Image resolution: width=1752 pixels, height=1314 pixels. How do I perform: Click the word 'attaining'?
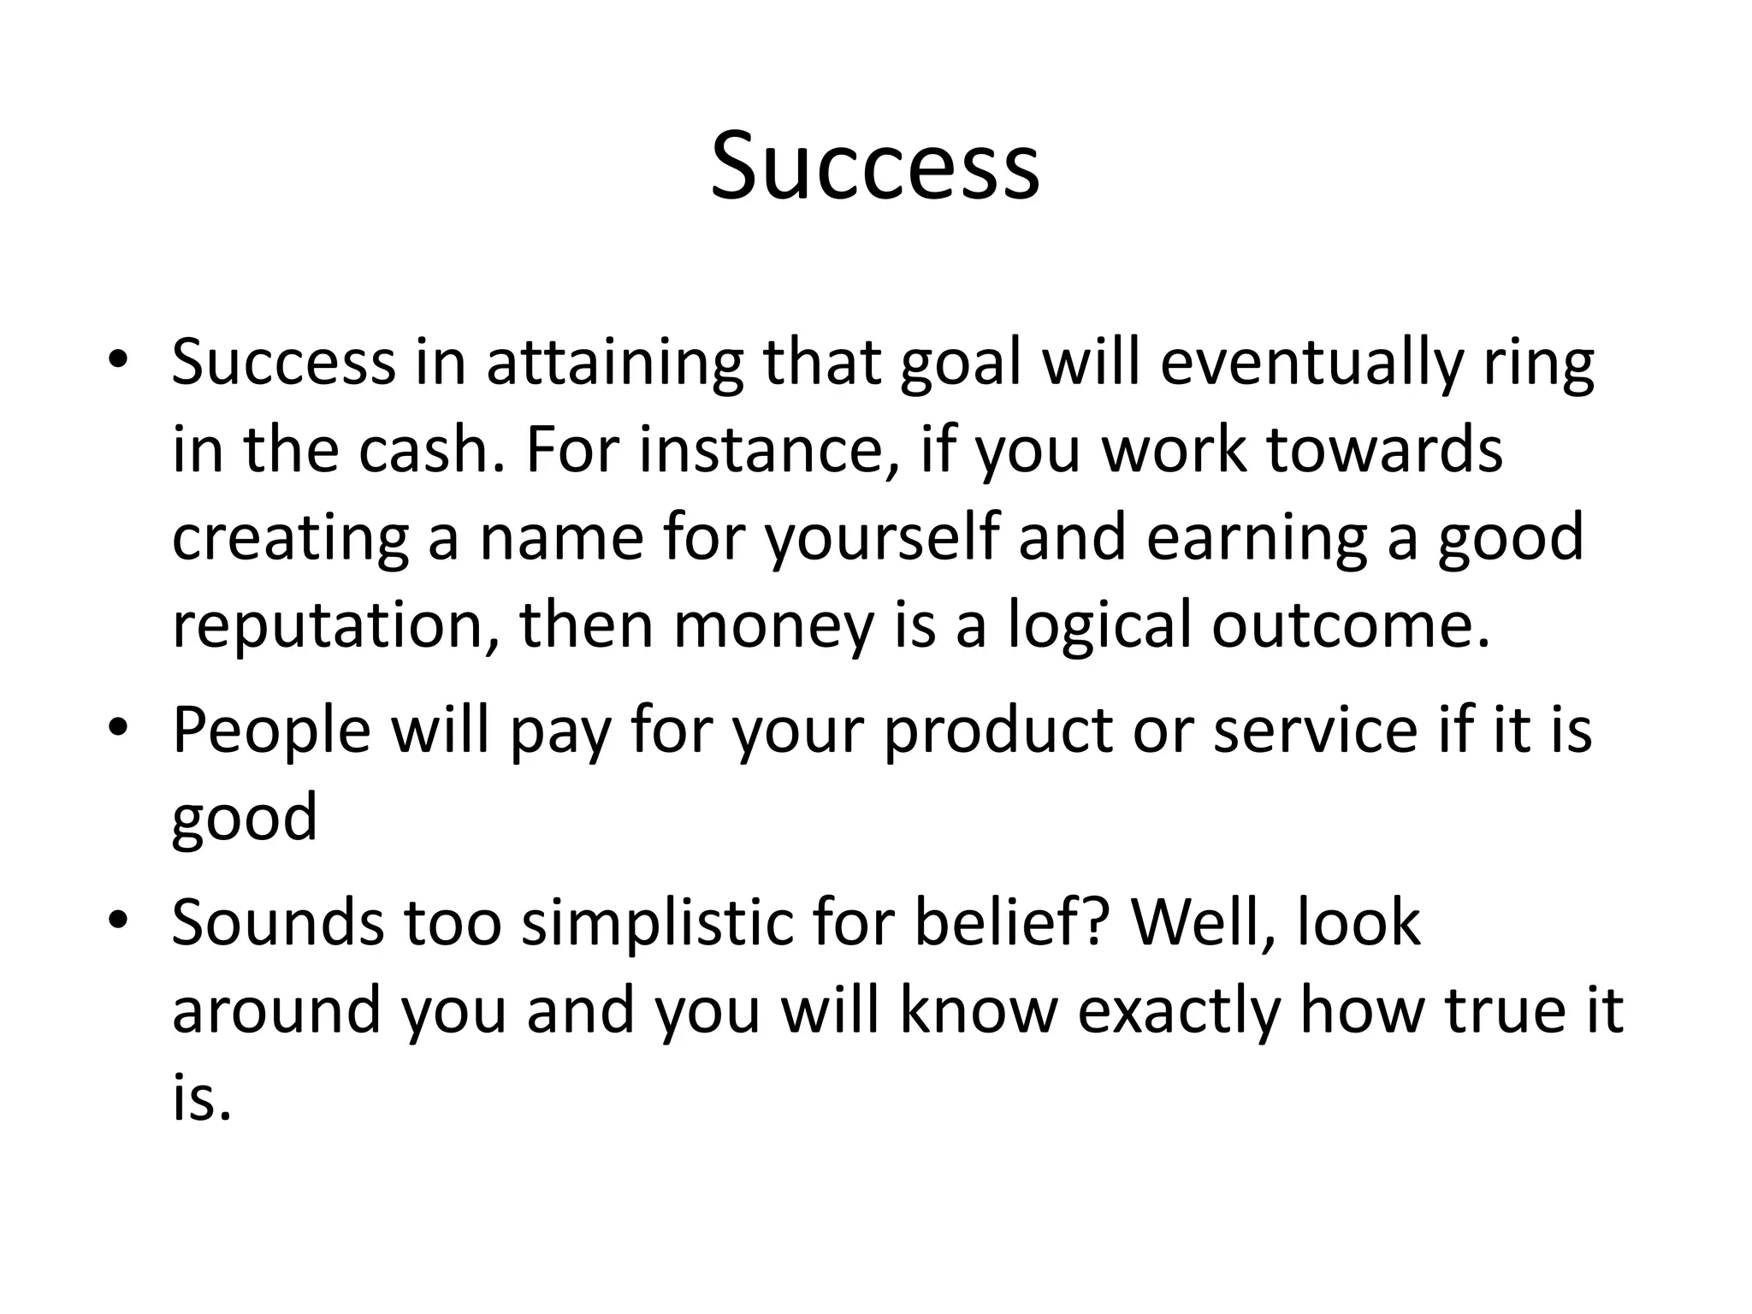pyautogui.click(x=614, y=363)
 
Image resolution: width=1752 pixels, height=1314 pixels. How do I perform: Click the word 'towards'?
pyautogui.click(x=1383, y=450)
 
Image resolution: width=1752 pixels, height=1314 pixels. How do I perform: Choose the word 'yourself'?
pyautogui.click(x=881, y=539)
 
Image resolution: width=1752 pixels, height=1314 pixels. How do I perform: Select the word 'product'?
pyautogui.click(x=997, y=731)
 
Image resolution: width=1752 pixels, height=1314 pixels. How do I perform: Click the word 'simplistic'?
pyautogui.click(x=659, y=924)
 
